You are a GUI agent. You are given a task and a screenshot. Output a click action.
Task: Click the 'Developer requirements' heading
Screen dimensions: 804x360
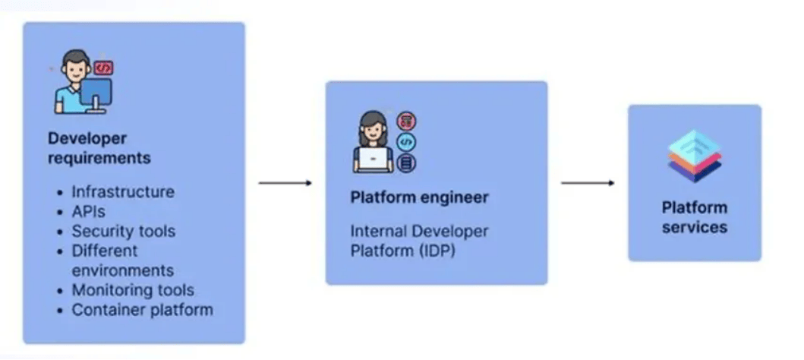click(x=99, y=147)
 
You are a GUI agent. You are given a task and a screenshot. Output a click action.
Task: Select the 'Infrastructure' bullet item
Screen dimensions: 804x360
click(x=123, y=192)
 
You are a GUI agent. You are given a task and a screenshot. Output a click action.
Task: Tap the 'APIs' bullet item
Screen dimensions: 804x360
click(x=88, y=211)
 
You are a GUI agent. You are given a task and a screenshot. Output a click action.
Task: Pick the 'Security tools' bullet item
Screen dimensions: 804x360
click(x=124, y=232)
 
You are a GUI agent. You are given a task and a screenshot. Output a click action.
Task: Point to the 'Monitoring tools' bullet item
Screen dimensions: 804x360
click(x=133, y=290)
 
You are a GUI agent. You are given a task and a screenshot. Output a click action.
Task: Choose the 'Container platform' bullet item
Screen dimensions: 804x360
click(x=142, y=310)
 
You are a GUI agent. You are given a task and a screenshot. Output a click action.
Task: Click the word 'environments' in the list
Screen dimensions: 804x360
click(x=122, y=270)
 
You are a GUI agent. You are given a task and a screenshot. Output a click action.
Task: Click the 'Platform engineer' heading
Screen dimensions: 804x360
click(x=419, y=197)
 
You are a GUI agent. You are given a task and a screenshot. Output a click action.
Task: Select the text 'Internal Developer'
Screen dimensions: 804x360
click(x=419, y=231)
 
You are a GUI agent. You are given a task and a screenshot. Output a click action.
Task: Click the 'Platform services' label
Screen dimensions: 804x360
click(x=694, y=217)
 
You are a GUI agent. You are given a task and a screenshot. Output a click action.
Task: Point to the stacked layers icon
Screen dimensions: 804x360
click(x=694, y=156)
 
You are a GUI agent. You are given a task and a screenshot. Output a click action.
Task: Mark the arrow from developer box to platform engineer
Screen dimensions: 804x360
click(x=285, y=183)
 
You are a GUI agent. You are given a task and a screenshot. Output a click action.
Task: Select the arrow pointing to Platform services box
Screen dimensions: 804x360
click(x=588, y=183)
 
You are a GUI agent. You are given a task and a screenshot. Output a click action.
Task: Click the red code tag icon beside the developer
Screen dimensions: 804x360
click(x=103, y=68)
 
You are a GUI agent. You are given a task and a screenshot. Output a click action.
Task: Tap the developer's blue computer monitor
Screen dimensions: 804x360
click(x=96, y=94)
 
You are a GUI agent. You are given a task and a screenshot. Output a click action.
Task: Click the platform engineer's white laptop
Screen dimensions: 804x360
click(x=374, y=159)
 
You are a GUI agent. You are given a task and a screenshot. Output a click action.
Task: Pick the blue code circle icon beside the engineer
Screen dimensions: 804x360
click(x=407, y=142)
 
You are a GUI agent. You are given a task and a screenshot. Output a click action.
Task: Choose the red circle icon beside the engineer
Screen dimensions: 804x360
click(x=407, y=122)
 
